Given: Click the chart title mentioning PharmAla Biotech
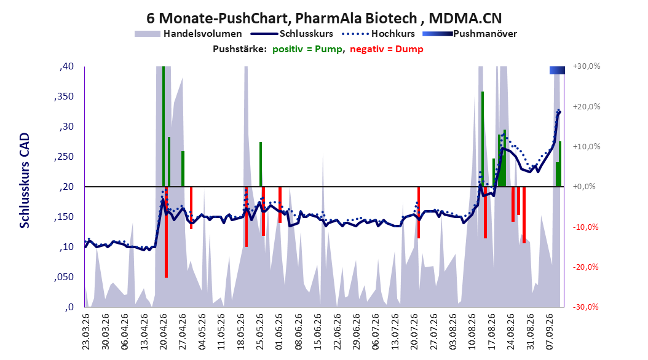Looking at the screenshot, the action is pyautogui.click(x=324, y=18).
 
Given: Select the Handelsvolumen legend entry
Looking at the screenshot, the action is pyautogui.click(x=189, y=34).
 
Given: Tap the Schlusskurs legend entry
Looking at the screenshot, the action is pyautogui.click(x=292, y=34).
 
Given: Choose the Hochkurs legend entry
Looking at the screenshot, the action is pyautogui.click(x=379, y=34).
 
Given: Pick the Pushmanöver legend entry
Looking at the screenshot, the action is pyautogui.click(x=470, y=34).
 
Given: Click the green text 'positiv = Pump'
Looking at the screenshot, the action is pyautogui.click(x=307, y=49).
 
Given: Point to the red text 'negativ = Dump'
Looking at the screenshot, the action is pyautogui.click(x=387, y=49).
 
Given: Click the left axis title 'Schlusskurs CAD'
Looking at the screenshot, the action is pyautogui.click(x=25, y=181).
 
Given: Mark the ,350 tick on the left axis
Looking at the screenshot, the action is pyautogui.click(x=63, y=96).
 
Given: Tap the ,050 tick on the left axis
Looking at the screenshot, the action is pyautogui.click(x=63, y=277).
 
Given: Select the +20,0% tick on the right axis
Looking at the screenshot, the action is pyautogui.click(x=587, y=106).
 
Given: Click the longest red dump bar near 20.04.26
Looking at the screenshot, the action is pyautogui.click(x=166, y=232).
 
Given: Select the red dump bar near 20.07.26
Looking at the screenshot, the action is pyautogui.click(x=419, y=213).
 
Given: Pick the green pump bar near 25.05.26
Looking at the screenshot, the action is pyautogui.click(x=261, y=164).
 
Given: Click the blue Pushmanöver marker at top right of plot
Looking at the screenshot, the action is pyautogui.click(x=557, y=70).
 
